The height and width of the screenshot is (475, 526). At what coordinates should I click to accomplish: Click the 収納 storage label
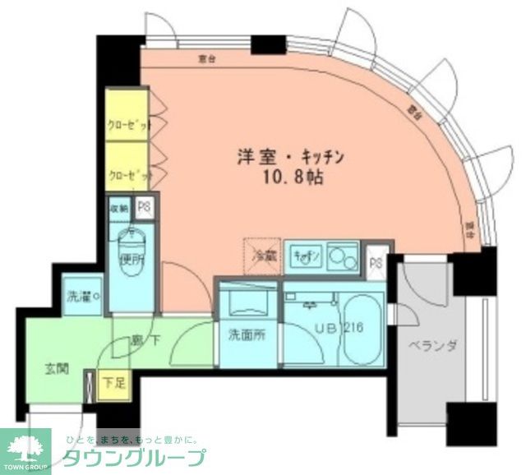pyautogui.click(x=119, y=208)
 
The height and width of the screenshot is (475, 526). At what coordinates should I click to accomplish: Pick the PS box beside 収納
pyautogui.click(x=144, y=208)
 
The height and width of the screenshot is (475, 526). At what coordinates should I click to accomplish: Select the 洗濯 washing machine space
pyautogui.click(x=84, y=295)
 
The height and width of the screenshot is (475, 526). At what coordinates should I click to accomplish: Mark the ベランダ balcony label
pyautogui.click(x=428, y=345)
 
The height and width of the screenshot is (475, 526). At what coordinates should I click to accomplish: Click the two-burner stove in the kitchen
pyautogui.click(x=344, y=257)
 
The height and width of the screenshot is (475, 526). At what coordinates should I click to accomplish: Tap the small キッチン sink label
pyautogui.click(x=303, y=256)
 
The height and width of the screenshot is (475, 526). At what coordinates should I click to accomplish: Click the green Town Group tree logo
pyautogui.click(x=25, y=449)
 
